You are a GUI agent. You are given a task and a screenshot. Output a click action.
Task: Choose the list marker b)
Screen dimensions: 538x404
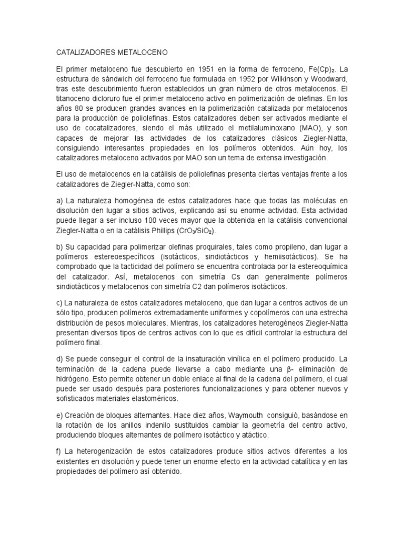[59, 247]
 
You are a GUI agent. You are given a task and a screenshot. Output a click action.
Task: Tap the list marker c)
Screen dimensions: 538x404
[59, 303]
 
